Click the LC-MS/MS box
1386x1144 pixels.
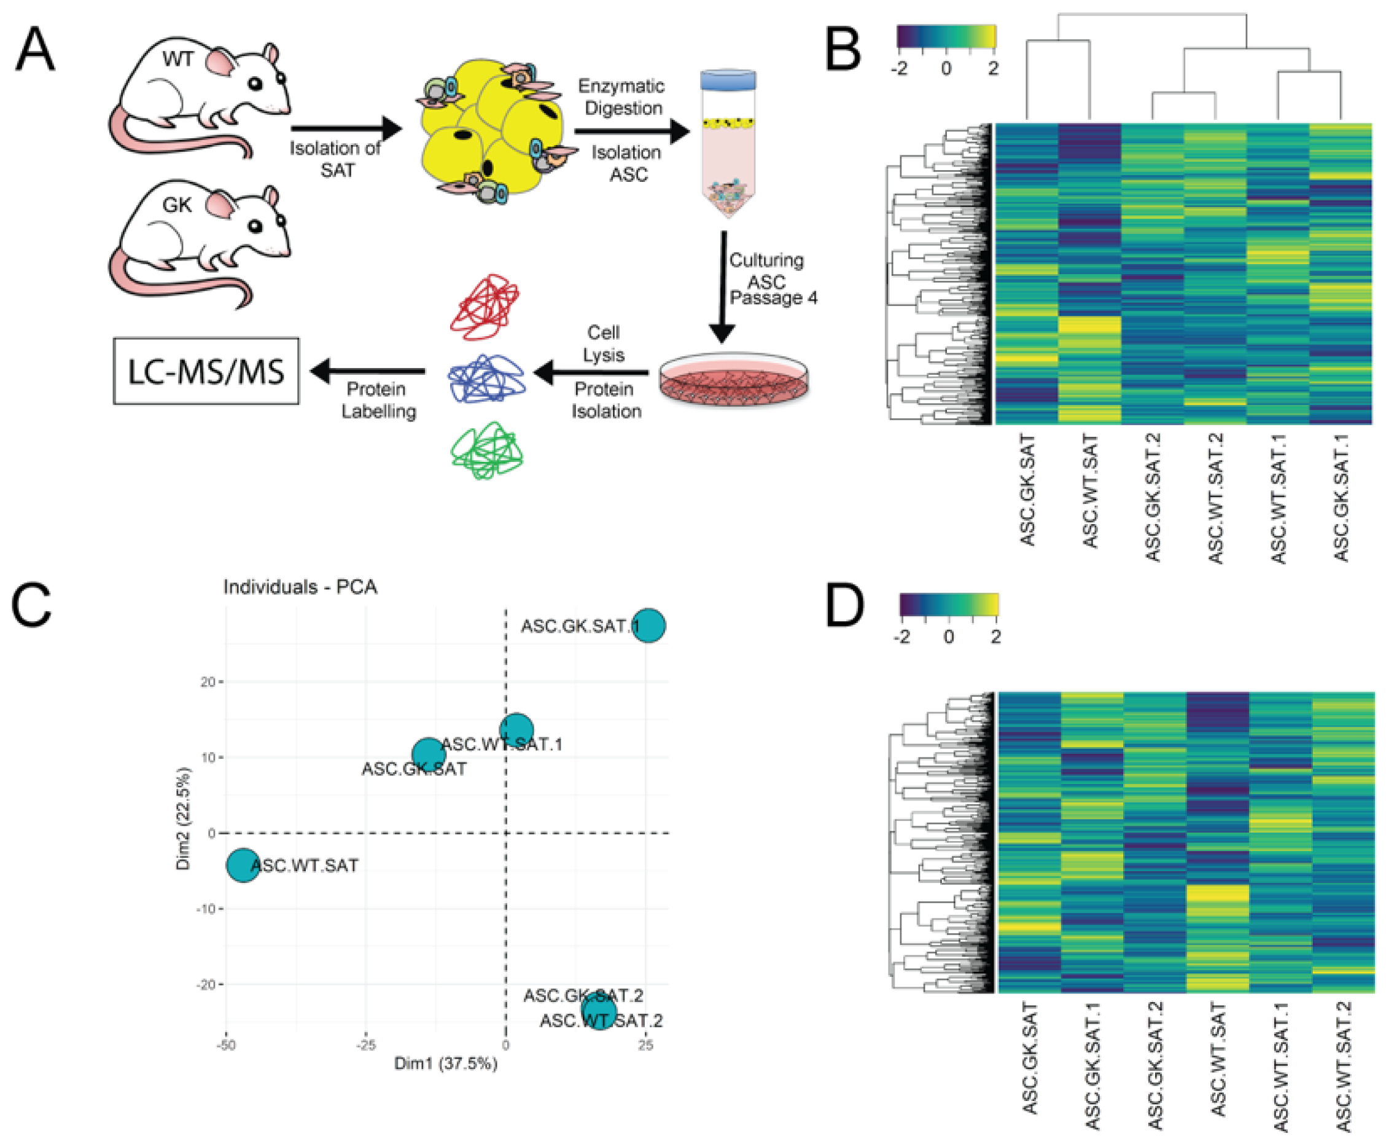click(206, 371)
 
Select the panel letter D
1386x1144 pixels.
click(845, 608)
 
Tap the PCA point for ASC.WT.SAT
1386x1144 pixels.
click(243, 865)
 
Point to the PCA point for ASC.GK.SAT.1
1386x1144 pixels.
click(649, 625)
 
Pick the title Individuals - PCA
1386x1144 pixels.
click(300, 587)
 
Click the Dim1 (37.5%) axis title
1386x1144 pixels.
click(445, 1064)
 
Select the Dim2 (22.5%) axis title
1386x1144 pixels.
click(183, 818)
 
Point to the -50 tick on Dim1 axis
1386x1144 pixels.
click(226, 1045)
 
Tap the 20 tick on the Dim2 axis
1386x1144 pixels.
click(208, 682)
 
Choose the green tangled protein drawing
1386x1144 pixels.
click(487, 452)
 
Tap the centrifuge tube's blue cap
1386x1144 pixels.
click(728, 80)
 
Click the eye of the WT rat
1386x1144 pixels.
click(255, 84)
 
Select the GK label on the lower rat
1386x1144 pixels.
click(176, 206)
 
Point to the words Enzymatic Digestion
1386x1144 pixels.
click(622, 97)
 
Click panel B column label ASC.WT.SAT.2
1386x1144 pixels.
click(1215, 498)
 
